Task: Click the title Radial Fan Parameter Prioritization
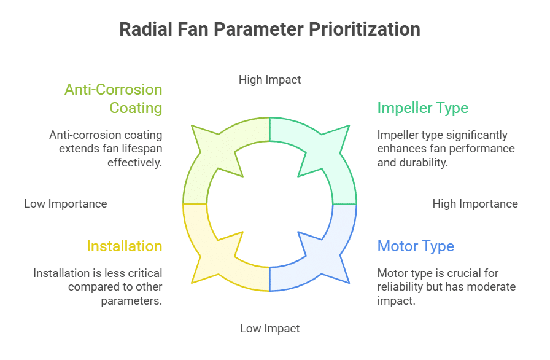point(269,29)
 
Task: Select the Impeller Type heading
point(422,108)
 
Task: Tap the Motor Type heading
point(416,246)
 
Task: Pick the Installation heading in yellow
point(124,246)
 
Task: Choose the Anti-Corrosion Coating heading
point(114,98)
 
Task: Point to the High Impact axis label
point(269,79)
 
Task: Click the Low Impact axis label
point(269,329)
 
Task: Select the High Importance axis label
point(474,203)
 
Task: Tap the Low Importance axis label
point(65,203)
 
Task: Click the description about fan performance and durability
point(446,149)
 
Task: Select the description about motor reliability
point(446,287)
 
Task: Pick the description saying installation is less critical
point(98,287)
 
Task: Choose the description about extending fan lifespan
point(106,149)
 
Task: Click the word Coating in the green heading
point(136,108)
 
